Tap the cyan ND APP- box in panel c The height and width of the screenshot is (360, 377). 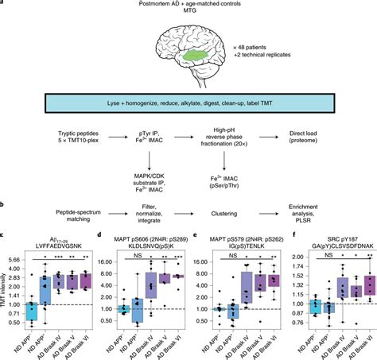point(31,311)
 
